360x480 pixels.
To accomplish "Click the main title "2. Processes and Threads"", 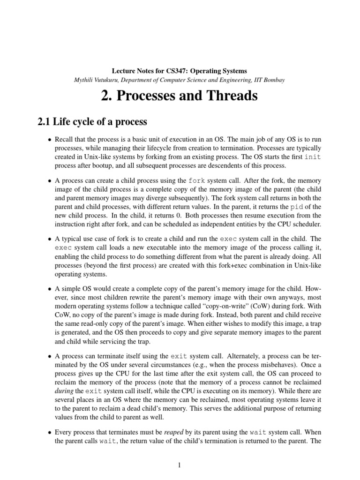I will click(x=179, y=96).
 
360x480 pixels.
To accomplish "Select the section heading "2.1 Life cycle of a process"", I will click(x=92, y=122).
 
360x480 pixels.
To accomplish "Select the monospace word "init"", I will click(x=313, y=157).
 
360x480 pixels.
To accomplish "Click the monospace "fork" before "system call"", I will click(x=197, y=180).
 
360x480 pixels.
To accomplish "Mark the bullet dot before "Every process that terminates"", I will click(x=50, y=432).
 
